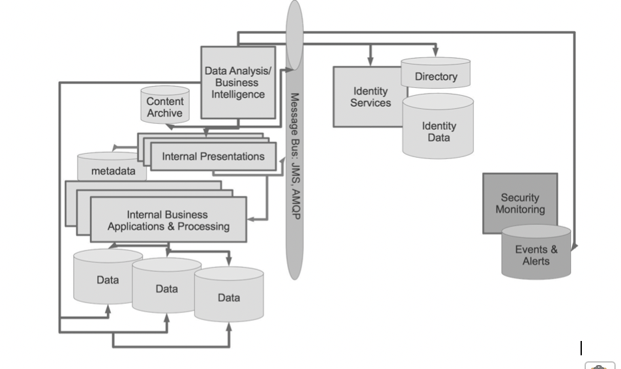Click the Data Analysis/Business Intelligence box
[x=237, y=82]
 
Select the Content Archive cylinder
[x=165, y=107]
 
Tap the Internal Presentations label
[x=213, y=156]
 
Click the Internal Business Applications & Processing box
[x=168, y=220]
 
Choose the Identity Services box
[x=370, y=97]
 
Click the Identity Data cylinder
[x=438, y=130]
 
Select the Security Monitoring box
[x=520, y=203]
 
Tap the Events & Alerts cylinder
[x=536, y=254]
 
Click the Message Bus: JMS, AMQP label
[x=295, y=156]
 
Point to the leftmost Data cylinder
[x=108, y=279]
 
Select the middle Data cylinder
[x=166, y=288]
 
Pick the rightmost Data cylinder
[x=229, y=297]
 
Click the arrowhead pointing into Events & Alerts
[x=573, y=247]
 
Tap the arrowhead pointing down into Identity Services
[x=371, y=63]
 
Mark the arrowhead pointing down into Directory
[x=436, y=54]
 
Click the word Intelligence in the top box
[x=237, y=95]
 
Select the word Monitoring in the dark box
[x=520, y=209]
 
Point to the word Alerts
[x=536, y=261]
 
